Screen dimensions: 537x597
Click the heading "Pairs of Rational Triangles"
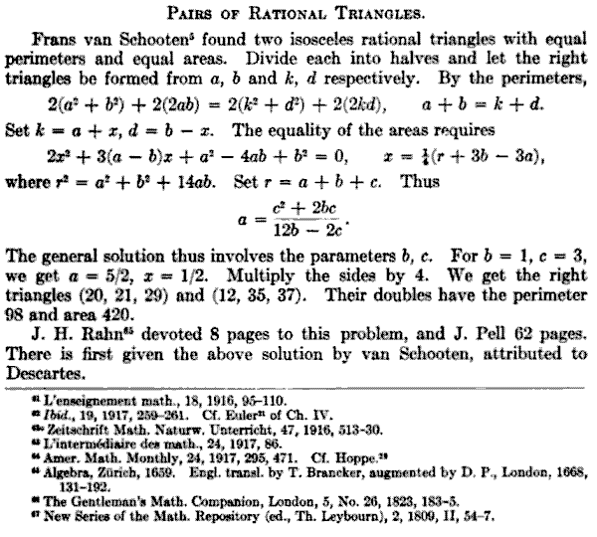pos(299,12)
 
